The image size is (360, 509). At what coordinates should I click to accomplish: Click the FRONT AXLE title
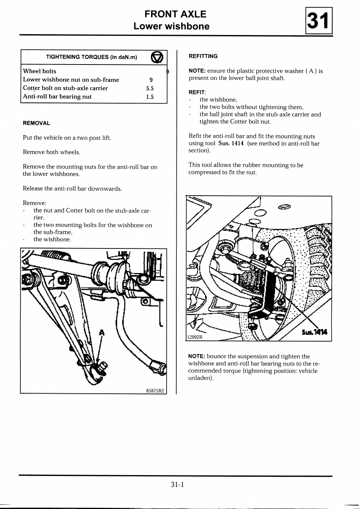click(x=175, y=14)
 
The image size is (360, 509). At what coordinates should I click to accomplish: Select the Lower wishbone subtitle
click(x=172, y=27)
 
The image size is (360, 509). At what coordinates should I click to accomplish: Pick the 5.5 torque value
click(x=150, y=88)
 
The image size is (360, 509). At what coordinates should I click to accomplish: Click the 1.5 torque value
click(x=150, y=97)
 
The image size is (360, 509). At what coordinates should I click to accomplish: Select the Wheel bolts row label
click(x=40, y=71)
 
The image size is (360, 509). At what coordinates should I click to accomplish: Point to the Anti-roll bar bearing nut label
click(x=57, y=97)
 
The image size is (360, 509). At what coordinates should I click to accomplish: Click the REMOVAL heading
click(x=36, y=123)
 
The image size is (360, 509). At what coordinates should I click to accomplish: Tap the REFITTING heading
click(x=203, y=56)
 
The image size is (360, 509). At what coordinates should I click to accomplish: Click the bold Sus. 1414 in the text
click(x=231, y=144)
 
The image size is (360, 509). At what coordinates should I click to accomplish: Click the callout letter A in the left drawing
click(x=102, y=333)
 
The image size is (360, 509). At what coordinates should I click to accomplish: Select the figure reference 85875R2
click(x=155, y=390)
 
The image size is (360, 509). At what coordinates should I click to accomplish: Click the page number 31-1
click(x=177, y=484)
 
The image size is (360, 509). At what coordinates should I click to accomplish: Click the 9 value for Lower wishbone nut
click(x=151, y=80)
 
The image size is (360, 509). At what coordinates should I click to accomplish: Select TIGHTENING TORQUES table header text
click(x=92, y=57)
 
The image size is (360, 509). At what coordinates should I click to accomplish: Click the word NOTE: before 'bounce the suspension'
click(x=197, y=357)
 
